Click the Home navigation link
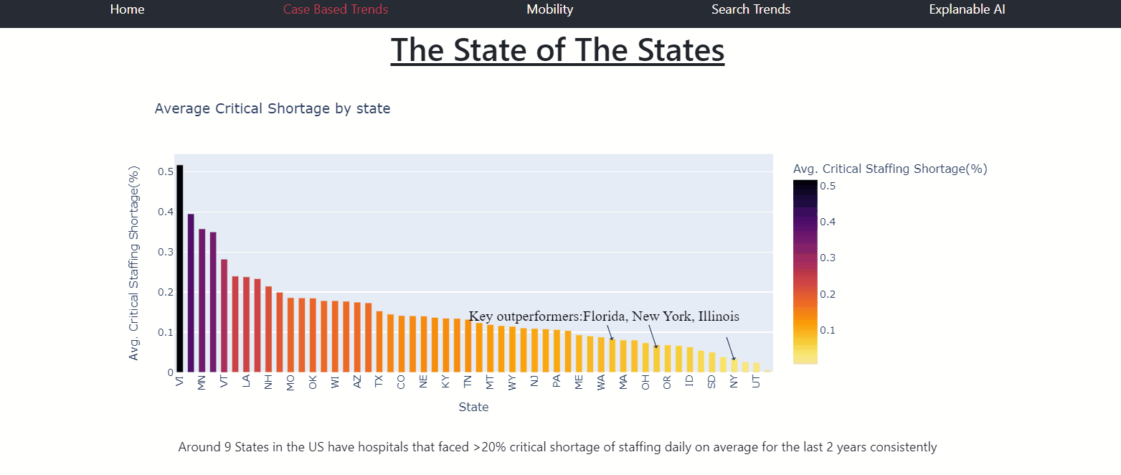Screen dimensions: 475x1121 (x=127, y=9)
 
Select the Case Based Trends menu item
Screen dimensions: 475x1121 (x=336, y=9)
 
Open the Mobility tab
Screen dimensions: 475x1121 (x=550, y=9)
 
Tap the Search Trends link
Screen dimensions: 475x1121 (x=751, y=9)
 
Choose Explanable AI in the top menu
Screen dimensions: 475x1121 (x=967, y=9)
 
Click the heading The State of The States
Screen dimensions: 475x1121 (x=557, y=50)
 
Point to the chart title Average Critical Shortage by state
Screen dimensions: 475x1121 (x=273, y=109)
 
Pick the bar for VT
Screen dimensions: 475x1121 (x=224, y=316)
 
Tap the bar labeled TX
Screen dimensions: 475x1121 (x=379, y=342)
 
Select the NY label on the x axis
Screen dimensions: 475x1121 (x=733, y=382)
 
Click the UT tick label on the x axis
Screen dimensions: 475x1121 (x=756, y=382)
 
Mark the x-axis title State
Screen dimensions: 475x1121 (x=473, y=407)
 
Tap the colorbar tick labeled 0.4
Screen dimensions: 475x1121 (x=828, y=222)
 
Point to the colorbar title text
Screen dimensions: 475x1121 (x=890, y=169)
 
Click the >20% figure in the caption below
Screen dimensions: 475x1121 (x=486, y=447)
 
